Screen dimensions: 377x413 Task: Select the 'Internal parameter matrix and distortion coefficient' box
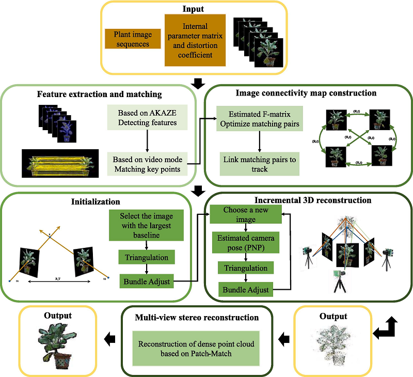[x=196, y=40]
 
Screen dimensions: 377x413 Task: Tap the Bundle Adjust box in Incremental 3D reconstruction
[x=246, y=289]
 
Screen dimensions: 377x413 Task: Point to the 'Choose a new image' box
[x=246, y=215]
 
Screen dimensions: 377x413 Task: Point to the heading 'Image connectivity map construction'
[x=306, y=93]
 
